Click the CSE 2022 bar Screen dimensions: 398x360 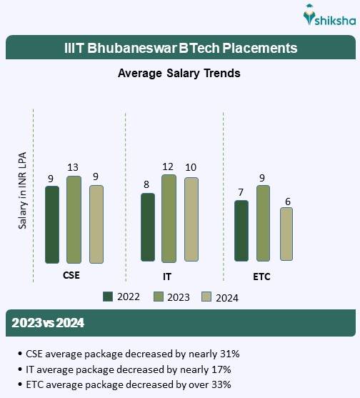[x=51, y=224]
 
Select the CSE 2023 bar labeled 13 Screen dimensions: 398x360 [x=74, y=219]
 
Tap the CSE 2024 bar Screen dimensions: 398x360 [x=96, y=224]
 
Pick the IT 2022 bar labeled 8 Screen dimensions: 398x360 [x=148, y=227]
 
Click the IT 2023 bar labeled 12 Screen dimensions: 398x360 [x=169, y=218]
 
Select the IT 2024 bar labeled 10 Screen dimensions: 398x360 [x=191, y=219]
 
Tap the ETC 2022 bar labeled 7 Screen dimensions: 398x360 [x=241, y=230]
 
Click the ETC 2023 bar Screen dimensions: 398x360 [x=263, y=223]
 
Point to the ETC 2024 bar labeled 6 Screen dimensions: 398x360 [x=286, y=234]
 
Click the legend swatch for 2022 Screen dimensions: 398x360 [x=109, y=297]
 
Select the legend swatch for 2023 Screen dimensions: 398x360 [x=159, y=297]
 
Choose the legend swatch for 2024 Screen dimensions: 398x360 [x=207, y=297]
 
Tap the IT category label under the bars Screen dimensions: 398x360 [x=167, y=275]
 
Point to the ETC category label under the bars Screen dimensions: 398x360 [x=261, y=275]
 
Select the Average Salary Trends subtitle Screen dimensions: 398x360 [x=179, y=73]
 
